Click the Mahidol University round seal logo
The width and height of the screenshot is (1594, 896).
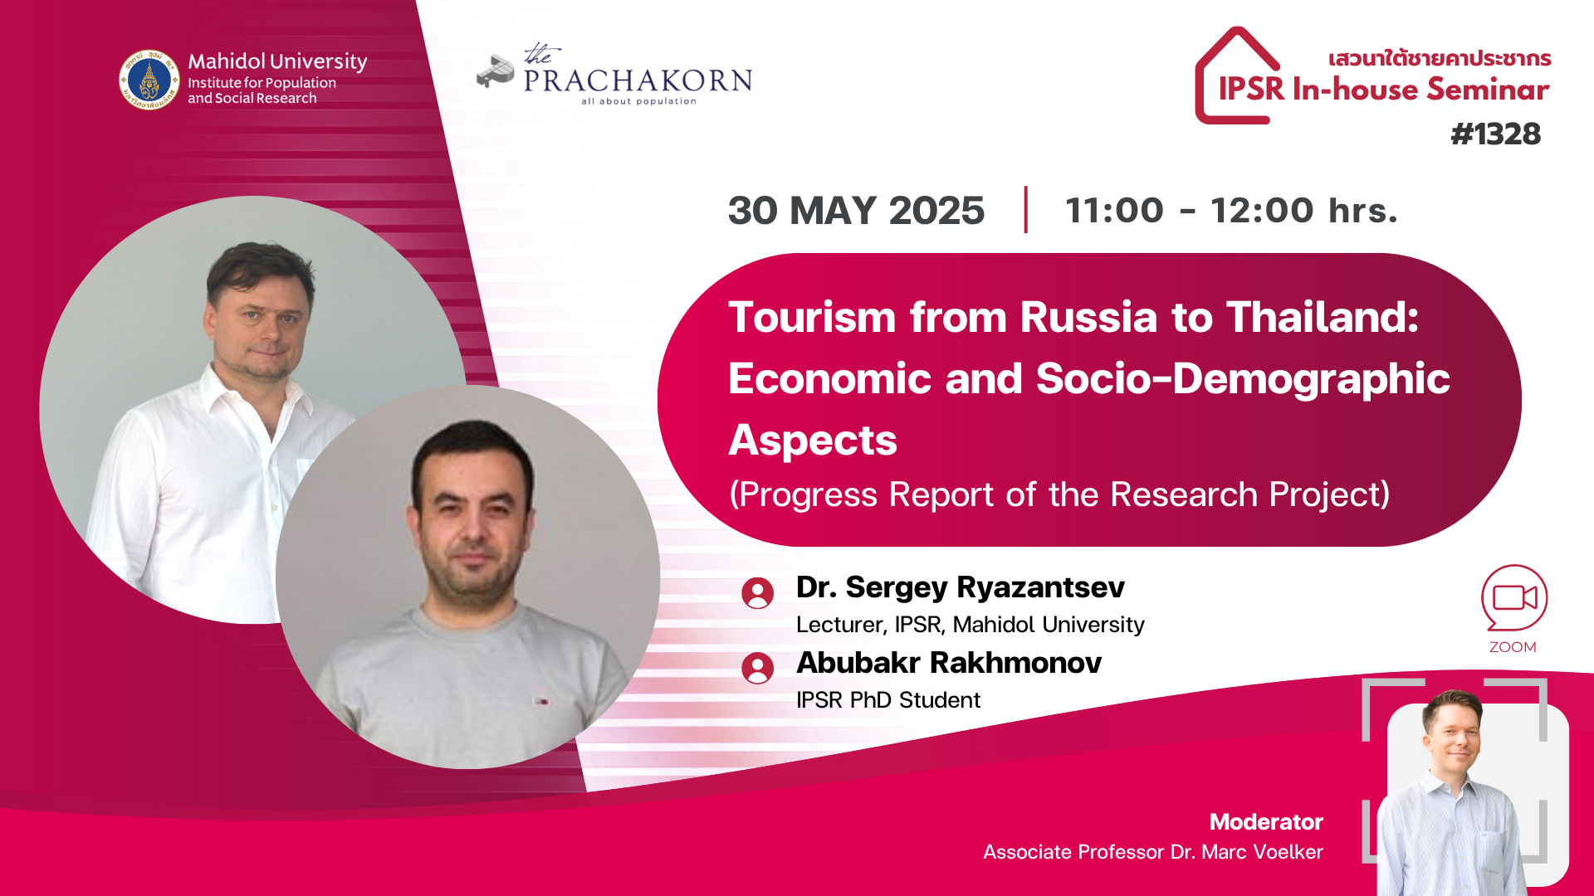(149, 80)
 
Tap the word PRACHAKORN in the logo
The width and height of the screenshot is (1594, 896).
(638, 80)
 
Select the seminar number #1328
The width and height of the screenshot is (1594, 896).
(1495, 134)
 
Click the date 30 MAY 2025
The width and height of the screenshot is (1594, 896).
(856, 210)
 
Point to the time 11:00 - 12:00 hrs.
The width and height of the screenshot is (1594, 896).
(1231, 210)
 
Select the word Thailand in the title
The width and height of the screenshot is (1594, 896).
(1323, 317)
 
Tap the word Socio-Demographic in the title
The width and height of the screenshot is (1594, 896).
(1243, 379)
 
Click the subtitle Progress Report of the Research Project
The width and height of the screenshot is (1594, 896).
(1059, 494)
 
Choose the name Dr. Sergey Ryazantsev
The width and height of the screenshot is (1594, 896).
(961, 587)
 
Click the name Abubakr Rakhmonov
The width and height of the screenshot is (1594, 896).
(949, 663)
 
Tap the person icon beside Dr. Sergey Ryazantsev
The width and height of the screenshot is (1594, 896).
(757, 593)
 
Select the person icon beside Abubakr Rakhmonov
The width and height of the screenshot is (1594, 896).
(757, 668)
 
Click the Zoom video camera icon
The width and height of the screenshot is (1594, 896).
(1514, 597)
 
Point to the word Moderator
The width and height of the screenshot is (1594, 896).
(1266, 821)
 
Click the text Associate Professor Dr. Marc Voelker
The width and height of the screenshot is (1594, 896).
(1153, 852)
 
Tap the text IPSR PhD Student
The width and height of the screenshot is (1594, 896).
(888, 700)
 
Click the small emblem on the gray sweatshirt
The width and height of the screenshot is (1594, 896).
(543, 702)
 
